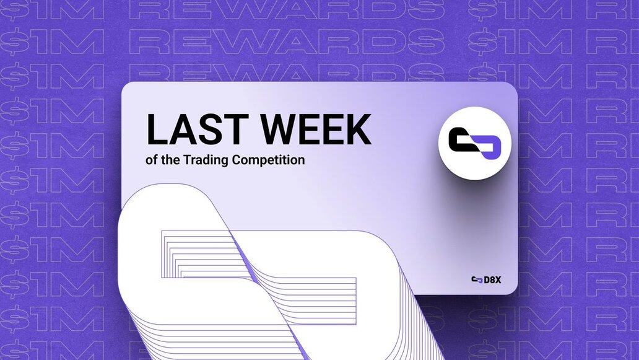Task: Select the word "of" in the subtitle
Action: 151,160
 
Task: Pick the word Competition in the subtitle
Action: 269,160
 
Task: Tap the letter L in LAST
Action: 157,130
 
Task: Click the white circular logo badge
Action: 475,143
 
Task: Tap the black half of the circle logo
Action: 463,139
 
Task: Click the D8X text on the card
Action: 492,279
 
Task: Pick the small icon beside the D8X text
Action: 477,279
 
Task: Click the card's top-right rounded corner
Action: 515,86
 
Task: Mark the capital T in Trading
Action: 187,159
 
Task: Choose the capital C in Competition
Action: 237,160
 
